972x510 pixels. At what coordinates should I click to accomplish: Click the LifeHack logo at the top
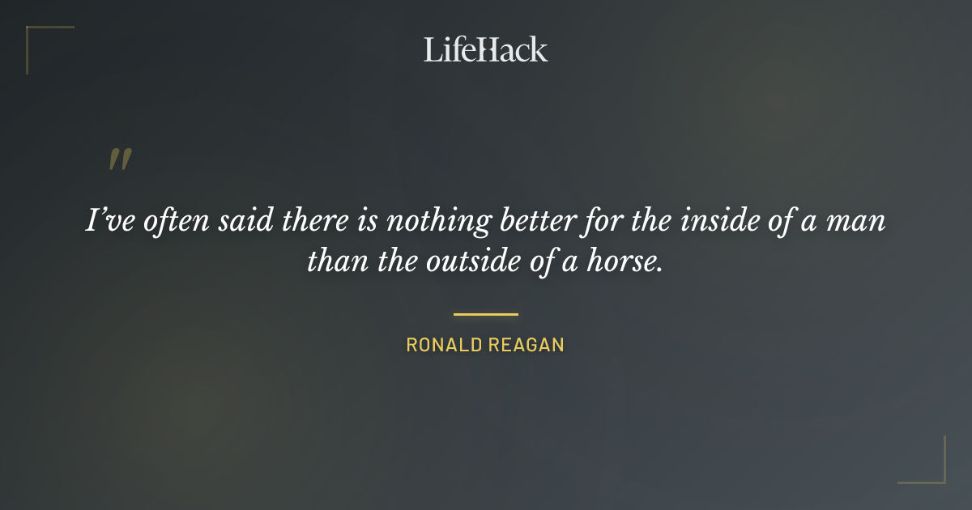pos(486,49)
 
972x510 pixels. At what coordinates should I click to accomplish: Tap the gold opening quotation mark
pos(120,159)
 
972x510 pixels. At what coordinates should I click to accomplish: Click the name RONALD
pos(444,345)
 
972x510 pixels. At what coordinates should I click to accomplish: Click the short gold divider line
pos(486,314)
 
